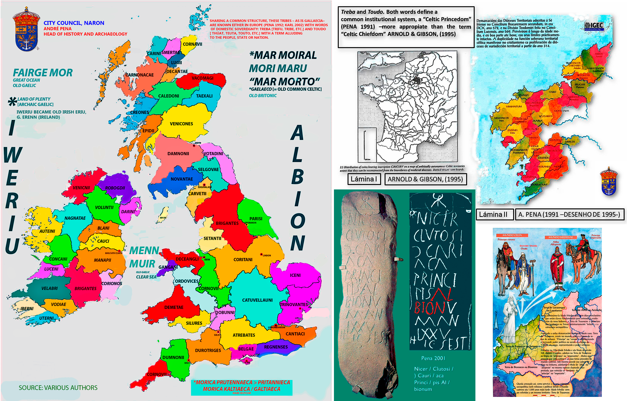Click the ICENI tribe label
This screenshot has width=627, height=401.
295,275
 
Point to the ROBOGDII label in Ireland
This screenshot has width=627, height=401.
115,188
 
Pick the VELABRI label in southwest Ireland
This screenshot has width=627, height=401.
50,288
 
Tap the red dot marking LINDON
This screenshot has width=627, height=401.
261,254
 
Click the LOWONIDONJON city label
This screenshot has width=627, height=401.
276,327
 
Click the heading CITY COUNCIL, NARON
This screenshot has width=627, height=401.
74,23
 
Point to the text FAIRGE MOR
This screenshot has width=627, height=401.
43,73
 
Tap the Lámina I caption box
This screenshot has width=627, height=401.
364,179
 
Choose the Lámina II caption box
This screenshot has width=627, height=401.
493,215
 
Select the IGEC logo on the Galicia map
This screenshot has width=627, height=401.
594,26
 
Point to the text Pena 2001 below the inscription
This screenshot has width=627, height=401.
433,358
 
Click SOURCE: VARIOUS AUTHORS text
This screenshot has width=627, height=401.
58,388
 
